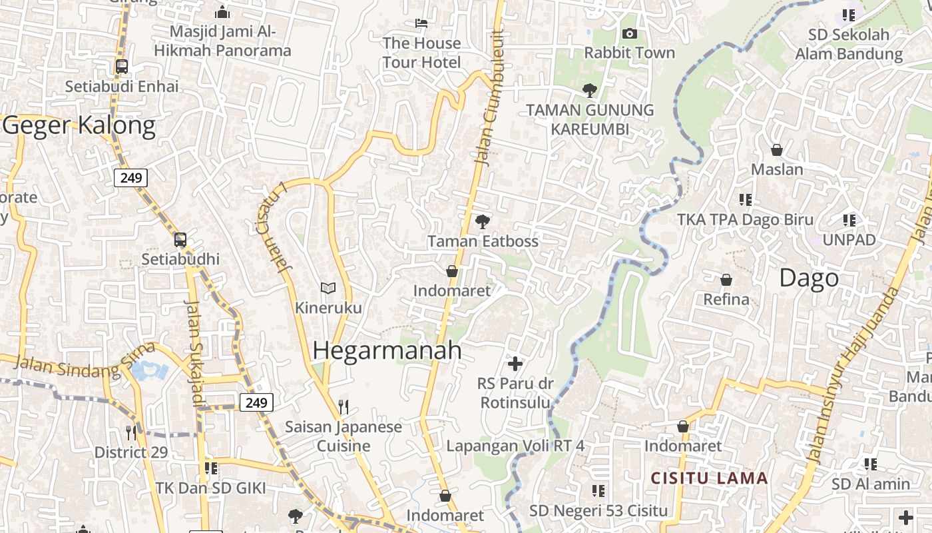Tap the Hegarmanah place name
coord(387,350)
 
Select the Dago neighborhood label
coord(809,278)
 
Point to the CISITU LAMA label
coord(709,478)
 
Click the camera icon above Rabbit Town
coord(629,33)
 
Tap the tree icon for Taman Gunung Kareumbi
coord(589,90)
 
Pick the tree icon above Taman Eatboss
coord(483,221)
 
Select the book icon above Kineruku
coord(328,288)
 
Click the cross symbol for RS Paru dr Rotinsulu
coord(515,364)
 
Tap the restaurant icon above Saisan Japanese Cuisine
coord(344,406)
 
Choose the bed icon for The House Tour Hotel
coord(421,23)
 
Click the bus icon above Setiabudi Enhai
coord(122,67)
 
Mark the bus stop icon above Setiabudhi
coord(180,240)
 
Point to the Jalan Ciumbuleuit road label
coord(491,97)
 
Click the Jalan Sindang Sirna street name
coord(84,362)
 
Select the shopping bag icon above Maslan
coord(776,150)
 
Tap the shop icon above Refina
coord(726,280)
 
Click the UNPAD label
coord(849,240)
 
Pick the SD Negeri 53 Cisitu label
coord(598,510)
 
